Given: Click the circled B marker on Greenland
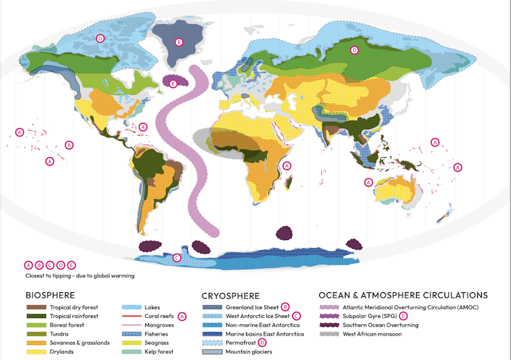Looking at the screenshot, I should click(179, 42).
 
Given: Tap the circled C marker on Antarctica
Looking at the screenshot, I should click(177, 258).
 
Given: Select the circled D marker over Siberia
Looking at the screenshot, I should click(354, 50).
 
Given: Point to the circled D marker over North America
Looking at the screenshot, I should click(100, 39).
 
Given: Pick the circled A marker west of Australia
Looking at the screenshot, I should click(369, 182).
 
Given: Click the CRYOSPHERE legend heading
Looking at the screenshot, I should click(231, 296).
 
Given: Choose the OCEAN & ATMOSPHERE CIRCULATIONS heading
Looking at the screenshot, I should click(403, 296).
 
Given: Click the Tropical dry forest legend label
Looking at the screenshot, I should click(74, 307).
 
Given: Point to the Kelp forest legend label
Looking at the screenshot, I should click(159, 352).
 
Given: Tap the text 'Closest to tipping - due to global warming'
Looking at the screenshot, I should click(79, 276).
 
